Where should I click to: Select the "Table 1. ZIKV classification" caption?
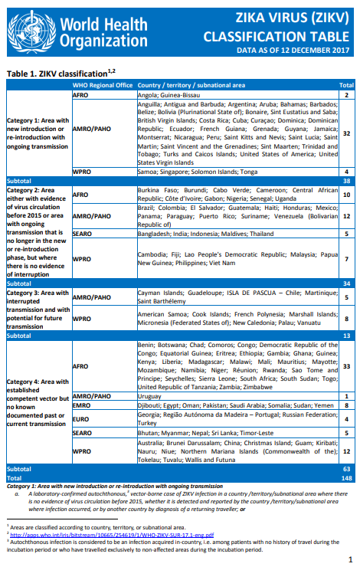click(x=61, y=73)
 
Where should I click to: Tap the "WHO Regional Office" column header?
click(x=103, y=84)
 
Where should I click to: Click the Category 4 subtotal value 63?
click(x=345, y=468)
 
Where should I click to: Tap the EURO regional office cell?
click(x=80, y=419)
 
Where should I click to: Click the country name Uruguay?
click(x=151, y=395)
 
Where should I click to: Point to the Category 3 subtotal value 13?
click(x=345, y=335)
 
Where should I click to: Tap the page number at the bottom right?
click(x=349, y=560)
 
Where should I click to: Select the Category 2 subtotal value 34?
click(x=345, y=282)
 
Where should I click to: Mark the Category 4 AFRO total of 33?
click(x=346, y=366)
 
